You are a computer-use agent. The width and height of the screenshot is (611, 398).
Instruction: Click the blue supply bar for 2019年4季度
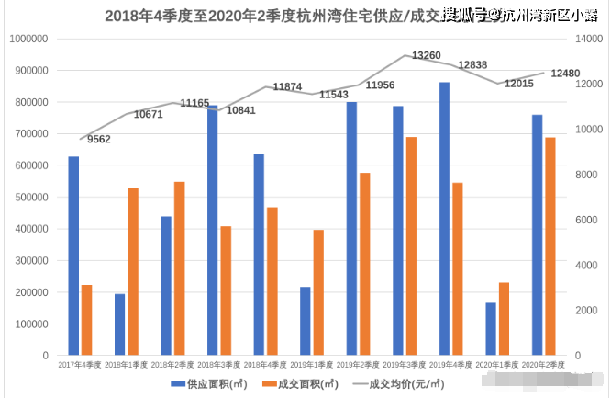pyautogui.click(x=444, y=219)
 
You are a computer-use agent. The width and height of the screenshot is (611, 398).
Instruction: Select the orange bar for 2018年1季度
pyautogui.click(x=133, y=271)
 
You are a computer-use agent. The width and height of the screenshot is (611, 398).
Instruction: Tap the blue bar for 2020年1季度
pyautogui.click(x=491, y=329)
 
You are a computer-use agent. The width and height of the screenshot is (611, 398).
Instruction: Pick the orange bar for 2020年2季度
pyautogui.click(x=550, y=246)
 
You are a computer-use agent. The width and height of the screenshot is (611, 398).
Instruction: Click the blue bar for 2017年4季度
pyautogui.click(x=73, y=256)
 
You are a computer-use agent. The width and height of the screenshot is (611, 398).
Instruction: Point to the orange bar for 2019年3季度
pyautogui.click(x=412, y=246)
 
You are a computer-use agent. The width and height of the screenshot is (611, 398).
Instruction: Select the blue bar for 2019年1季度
pyautogui.click(x=305, y=321)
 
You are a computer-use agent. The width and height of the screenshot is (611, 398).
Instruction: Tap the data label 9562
pyautogui.click(x=99, y=139)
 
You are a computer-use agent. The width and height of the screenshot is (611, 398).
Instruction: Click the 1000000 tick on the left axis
pyautogui.click(x=27, y=40)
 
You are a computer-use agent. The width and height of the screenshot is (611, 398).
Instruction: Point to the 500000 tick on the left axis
pyautogui.click(x=29, y=198)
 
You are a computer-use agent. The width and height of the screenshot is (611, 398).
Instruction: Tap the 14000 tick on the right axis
pyautogui.click(x=588, y=40)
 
